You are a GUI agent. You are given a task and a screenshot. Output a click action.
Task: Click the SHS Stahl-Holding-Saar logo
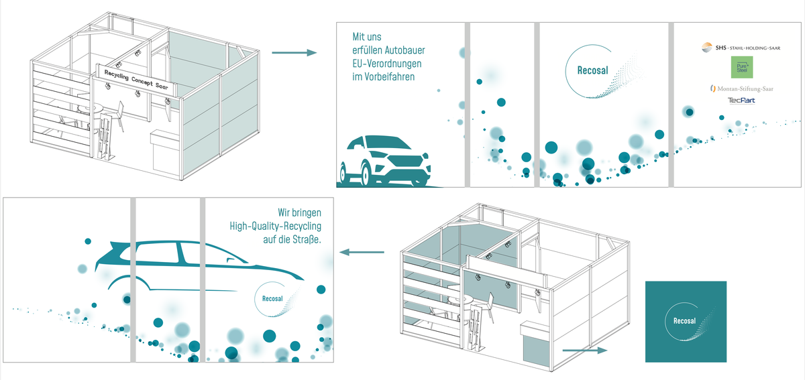point(737,48)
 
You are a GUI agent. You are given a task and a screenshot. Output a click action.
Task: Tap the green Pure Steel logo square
point(741,68)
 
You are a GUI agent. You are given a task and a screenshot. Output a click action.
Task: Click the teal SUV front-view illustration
point(386,162)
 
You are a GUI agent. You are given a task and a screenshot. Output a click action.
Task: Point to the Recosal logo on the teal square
point(686,322)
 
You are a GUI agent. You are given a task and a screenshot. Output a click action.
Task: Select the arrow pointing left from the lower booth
point(362,252)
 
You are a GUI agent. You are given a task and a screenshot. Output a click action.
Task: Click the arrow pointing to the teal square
point(584,350)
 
